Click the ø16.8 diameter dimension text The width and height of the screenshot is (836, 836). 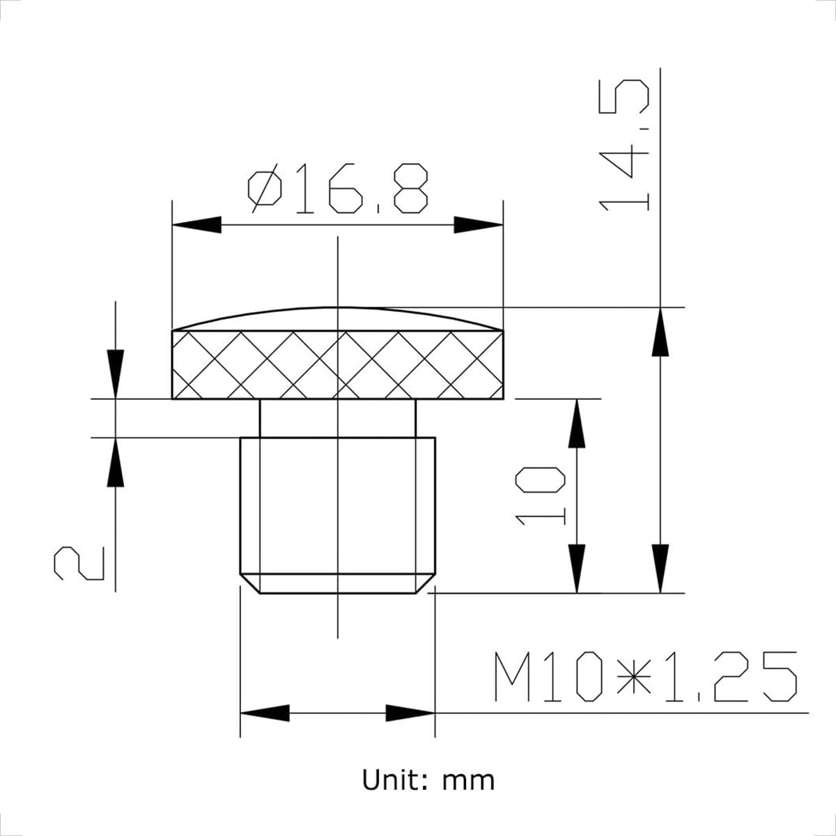pyautogui.click(x=337, y=189)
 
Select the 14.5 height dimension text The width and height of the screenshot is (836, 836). pyautogui.click(x=625, y=145)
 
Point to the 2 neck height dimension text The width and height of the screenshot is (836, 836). pyautogui.click(x=79, y=563)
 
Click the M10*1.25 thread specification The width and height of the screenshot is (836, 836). pyautogui.click(x=644, y=677)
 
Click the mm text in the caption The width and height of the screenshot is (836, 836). pyautogui.click(x=468, y=780)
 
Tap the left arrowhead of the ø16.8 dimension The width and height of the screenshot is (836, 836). pyautogui.click(x=196, y=224)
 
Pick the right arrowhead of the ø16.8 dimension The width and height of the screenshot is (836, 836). pyautogui.click(x=479, y=224)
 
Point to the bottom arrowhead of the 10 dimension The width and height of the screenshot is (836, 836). pyautogui.click(x=577, y=568)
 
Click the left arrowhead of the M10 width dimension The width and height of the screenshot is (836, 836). pyautogui.click(x=265, y=713)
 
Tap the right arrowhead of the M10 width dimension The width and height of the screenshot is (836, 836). pyautogui.click(x=410, y=713)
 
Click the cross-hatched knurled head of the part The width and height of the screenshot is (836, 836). pyautogui.click(x=337, y=364)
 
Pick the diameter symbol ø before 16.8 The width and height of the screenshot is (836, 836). pyautogui.click(x=265, y=189)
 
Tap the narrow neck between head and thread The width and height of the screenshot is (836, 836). pyautogui.click(x=337, y=418)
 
